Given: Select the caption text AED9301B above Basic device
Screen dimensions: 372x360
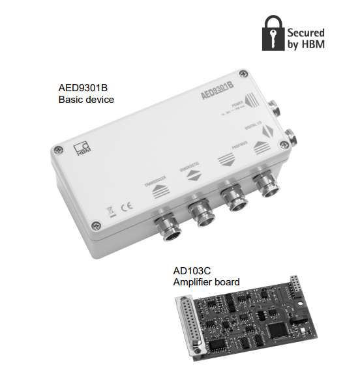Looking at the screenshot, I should click(x=86, y=89).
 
